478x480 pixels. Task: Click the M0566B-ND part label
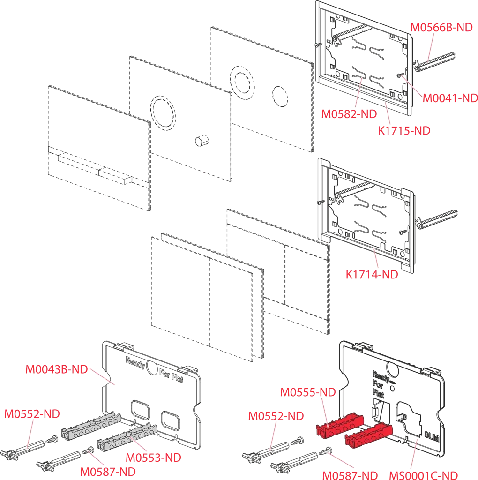441,27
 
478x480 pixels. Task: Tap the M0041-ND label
450,98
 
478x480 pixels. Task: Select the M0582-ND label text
349,114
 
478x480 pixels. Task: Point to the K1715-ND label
404,130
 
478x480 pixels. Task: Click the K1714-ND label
372,275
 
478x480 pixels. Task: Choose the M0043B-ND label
56,369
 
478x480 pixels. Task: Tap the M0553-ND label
153,457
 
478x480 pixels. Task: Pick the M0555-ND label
308,392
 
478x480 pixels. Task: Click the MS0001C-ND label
423,475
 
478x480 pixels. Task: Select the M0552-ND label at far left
32,414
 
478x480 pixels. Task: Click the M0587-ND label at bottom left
107,471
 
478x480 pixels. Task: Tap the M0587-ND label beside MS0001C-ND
350,475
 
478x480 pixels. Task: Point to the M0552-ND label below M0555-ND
276,416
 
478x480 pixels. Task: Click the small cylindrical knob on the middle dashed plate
201,140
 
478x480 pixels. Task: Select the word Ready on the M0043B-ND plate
134,361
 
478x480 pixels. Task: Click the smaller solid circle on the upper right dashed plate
280,95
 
